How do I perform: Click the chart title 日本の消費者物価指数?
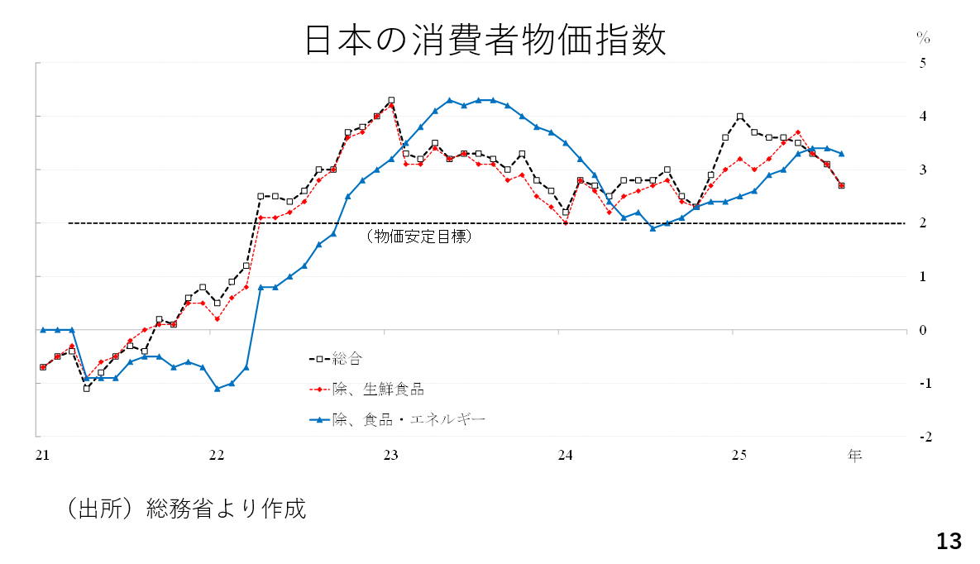click(x=485, y=41)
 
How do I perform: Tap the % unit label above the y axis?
click(x=923, y=38)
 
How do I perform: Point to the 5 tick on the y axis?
click(x=923, y=63)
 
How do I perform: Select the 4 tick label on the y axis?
click(x=923, y=117)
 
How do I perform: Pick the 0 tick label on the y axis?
click(x=923, y=330)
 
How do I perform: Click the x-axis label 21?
click(x=42, y=455)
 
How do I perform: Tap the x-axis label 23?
click(x=391, y=455)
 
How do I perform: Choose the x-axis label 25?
click(x=739, y=455)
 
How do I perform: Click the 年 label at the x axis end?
click(x=854, y=455)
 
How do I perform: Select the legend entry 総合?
click(x=347, y=359)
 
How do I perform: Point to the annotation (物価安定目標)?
click(x=418, y=237)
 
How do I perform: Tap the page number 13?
click(x=949, y=542)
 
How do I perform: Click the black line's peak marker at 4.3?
click(x=391, y=100)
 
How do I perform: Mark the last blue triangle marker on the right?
click(x=841, y=153)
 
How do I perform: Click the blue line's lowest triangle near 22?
click(x=217, y=388)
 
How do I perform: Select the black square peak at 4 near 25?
click(x=739, y=117)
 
